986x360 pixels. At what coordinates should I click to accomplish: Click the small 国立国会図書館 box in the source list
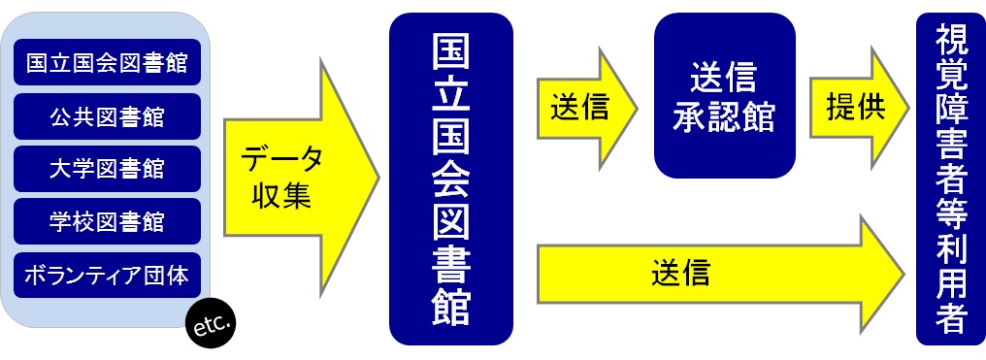(107, 64)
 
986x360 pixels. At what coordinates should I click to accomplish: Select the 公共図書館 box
(107, 116)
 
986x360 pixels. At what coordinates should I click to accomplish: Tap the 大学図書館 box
(107, 169)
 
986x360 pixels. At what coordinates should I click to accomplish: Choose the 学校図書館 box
(107, 222)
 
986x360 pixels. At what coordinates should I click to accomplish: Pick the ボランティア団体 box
(107, 275)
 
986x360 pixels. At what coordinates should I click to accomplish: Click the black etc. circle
(211, 328)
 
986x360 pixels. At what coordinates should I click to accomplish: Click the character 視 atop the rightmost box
(951, 42)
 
